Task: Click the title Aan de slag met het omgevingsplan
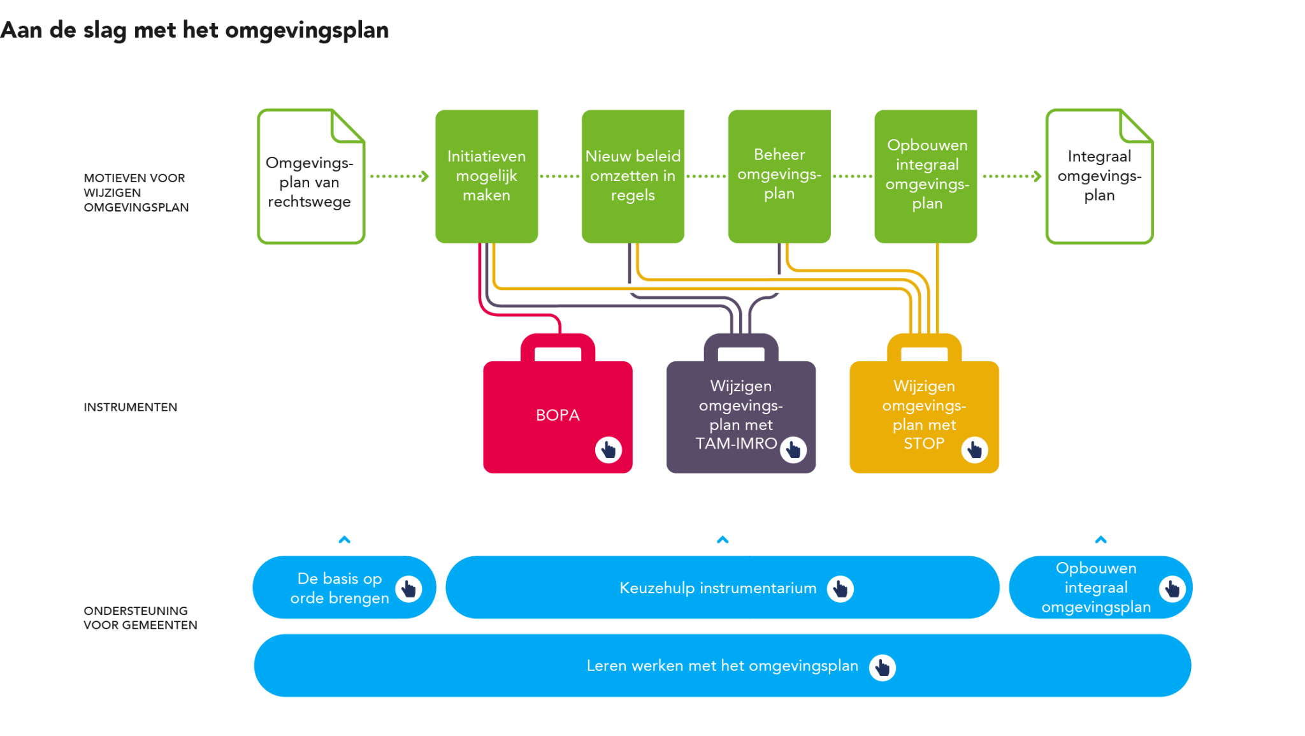coord(194,30)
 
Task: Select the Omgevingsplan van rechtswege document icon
coord(310,177)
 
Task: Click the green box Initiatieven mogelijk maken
coord(486,176)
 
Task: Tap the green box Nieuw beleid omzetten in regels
coord(633,176)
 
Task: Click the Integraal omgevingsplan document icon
coord(1099,176)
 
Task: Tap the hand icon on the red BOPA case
coord(608,450)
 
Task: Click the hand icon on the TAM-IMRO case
coord(793,450)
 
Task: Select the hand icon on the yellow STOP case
coord(974,450)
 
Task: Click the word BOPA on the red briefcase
coord(558,415)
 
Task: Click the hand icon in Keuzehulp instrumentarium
coord(840,589)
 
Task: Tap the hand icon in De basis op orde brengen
coord(408,589)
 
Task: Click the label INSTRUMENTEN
coord(130,407)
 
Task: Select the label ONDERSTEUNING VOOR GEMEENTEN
coord(140,617)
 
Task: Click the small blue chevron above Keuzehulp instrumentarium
coord(723,540)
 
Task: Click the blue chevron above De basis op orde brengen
coord(344,540)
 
